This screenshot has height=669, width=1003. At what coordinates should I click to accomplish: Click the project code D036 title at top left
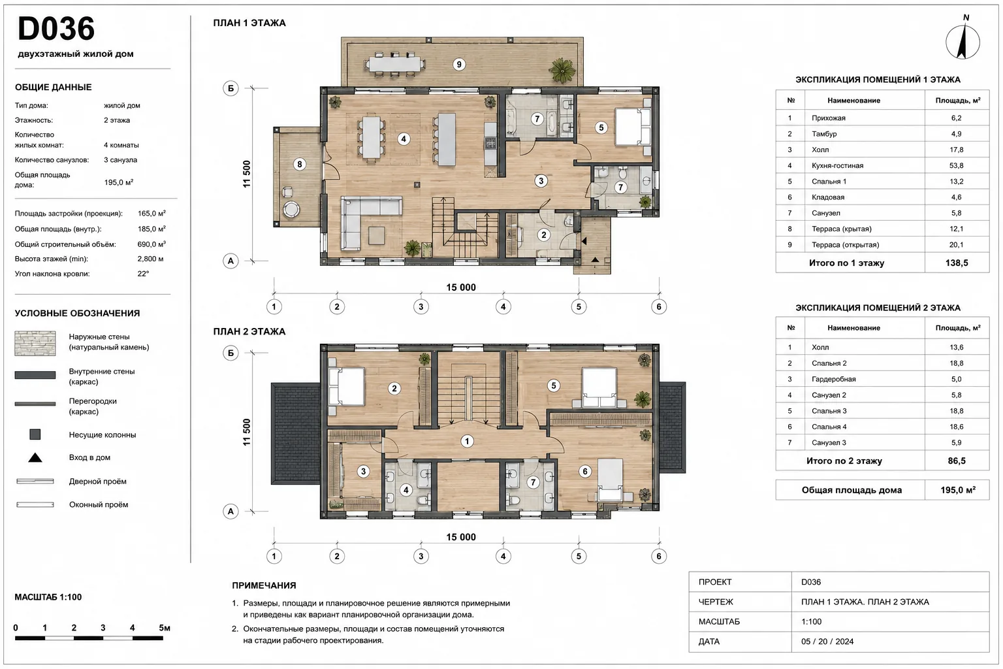coord(56,29)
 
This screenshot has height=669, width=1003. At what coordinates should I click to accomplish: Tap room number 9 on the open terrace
coord(458,65)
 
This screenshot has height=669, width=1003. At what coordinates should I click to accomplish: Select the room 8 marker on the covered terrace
coord(300,165)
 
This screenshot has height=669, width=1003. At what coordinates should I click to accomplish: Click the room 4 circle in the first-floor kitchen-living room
coord(404,139)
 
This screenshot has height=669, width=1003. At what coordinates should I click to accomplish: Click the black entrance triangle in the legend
coord(35,457)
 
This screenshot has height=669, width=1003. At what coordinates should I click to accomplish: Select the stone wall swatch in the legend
coord(35,343)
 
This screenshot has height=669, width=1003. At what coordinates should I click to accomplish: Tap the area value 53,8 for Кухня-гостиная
coord(956,165)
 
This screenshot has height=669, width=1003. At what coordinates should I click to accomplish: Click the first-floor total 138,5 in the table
coord(957,263)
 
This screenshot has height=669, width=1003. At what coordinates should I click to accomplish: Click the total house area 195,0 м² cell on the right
coord(958,490)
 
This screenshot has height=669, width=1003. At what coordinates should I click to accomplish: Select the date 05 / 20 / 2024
coord(827,641)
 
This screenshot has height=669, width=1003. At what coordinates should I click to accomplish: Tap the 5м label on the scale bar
coord(165,628)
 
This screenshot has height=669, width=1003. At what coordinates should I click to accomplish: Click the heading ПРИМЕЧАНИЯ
coord(264,585)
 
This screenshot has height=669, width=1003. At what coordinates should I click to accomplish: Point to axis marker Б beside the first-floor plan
coord(231,88)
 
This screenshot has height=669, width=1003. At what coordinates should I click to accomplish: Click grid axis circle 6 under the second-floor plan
coord(659,556)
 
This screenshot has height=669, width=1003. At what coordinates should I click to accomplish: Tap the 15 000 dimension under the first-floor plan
coord(461,287)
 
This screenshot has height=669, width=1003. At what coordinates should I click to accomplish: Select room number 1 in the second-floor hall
coord(467,442)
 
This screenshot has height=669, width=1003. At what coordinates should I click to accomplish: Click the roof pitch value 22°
coord(143,273)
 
